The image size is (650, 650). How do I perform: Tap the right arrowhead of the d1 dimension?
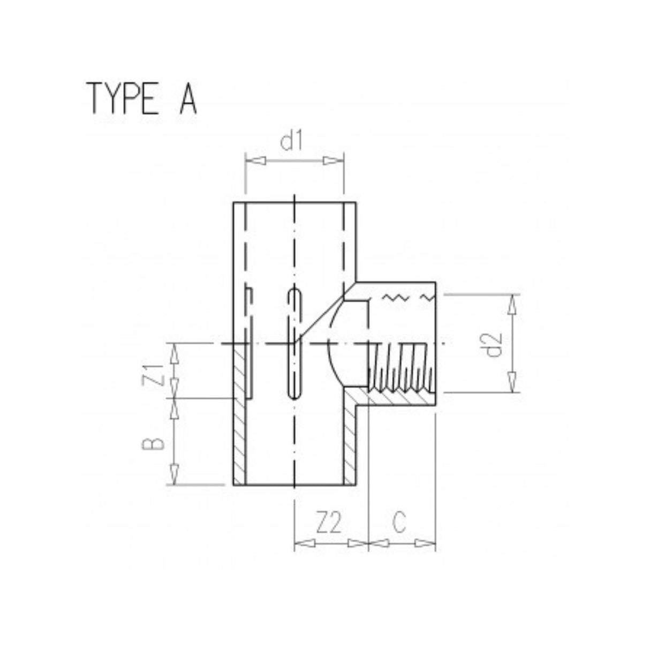tap(333, 161)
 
